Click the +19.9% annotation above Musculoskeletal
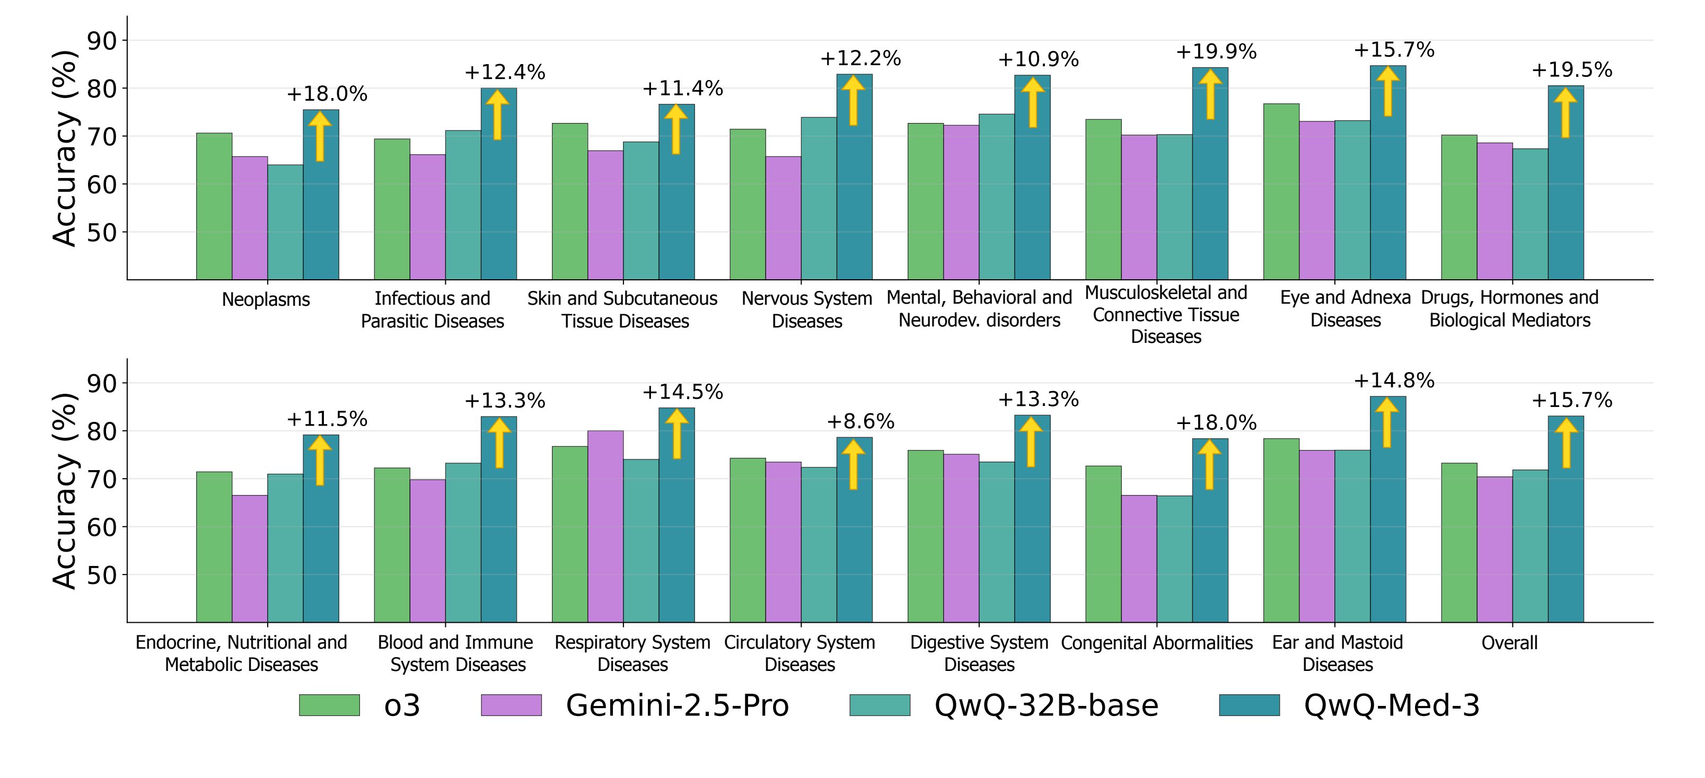pyautogui.click(x=1215, y=51)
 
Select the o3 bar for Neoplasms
pyautogui.click(x=214, y=206)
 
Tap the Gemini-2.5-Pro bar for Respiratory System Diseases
pyautogui.click(x=605, y=526)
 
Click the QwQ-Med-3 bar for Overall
pyautogui.click(x=1566, y=519)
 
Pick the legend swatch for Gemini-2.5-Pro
pyautogui.click(x=511, y=705)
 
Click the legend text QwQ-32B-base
pyautogui.click(x=1046, y=705)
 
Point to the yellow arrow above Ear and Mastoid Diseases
pyautogui.click(x=1387, y=422)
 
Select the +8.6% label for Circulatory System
pyautogui.click(x=860, y=421)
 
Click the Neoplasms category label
pyautogui.click(x=266, y=299)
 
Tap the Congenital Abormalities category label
pyautogui.click(x=1156, y=642)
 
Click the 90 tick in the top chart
pyautogui.click(x=101, y=41)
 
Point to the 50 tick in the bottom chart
pyautogui.click(x=101, y=575)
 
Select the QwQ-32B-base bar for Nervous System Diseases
pyautogui.click(x=818, y=198)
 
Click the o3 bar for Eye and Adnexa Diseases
pyautogui.click(x=1281, y=191)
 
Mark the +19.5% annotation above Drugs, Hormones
pyautogui.click(x=1571, y=70)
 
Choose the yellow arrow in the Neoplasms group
pyautogui.click(x=320, y=136)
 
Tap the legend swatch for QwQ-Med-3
pyautogui.click(x=1249, y=705)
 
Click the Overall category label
pyautogui.click(x=1509, y=642)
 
